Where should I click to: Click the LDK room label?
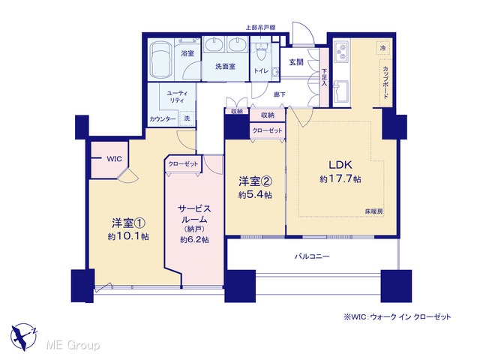[x=340, y=165]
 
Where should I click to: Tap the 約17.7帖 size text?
[x=340, y=178]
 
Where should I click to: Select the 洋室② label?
[x=255, y=181]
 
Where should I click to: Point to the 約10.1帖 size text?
[x=128, y=236]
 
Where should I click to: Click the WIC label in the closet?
[x=114, y=159]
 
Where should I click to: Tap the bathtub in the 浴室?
[x=160, y=59]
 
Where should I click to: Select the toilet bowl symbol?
[x=260, y=52]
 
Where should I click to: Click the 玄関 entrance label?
[x=296, y=62]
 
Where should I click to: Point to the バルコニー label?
[x=312, y=256]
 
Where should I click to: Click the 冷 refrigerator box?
[x=383, y=48]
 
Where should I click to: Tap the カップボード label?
[x=385, y=82]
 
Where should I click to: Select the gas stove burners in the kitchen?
[x=341, y=51]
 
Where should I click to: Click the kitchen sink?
[x=340, y=91]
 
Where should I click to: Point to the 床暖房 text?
[x=373, y=211]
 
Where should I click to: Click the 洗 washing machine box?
[x=187, y=118]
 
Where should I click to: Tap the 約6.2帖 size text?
[x=194, y=240]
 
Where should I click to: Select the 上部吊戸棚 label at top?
[x=260, y=27]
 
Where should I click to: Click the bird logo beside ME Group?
[x=23, y=337]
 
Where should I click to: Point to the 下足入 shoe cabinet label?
[x=324, y=76]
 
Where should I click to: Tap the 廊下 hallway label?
[x=280, y=94]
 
